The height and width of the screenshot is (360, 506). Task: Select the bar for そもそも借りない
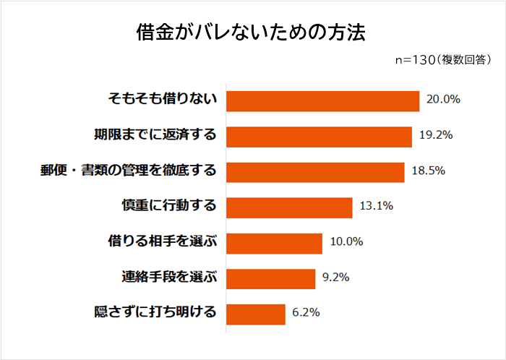(x=323, y=100)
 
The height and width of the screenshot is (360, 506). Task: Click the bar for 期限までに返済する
(x=319, y=136)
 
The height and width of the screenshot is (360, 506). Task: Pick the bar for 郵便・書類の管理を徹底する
(x=315, y=171)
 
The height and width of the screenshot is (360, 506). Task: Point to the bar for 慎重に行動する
(x=289, y=207)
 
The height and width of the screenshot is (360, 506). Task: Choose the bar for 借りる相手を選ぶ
(x=274, y=243)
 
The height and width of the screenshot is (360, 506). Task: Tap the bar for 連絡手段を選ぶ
(x=271, y=278)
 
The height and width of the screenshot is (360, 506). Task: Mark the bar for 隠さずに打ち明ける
(x=256, y=314)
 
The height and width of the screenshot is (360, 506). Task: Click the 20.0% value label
(x=443, y=100)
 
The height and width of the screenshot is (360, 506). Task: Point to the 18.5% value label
(x=428, y=171)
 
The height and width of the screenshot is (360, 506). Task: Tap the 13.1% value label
(x=376, y=207)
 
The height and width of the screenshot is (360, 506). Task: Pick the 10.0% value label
(x=346, y=242)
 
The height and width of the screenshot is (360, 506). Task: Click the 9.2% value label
(x=336, y=278)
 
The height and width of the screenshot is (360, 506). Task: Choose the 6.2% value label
(x=306, y=313)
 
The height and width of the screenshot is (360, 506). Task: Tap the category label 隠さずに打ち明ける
(x=155, y=313)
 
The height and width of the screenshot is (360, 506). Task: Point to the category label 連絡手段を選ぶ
(x=168, y=278)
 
